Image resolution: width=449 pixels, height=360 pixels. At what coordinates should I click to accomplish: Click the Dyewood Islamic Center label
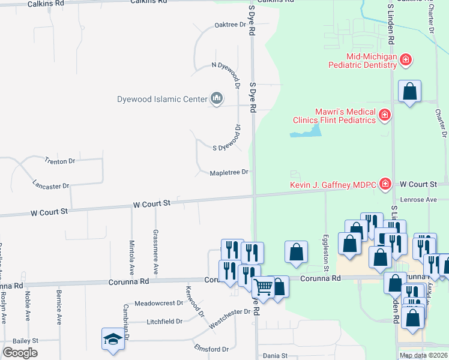tap(161, 98)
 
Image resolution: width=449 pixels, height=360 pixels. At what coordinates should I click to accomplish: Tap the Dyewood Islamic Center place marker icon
tap(217, 98)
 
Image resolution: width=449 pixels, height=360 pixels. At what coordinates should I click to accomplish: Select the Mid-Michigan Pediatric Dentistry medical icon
tap(406, 59)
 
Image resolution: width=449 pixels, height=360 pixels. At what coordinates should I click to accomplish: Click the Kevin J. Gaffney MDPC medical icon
tap(385, 184)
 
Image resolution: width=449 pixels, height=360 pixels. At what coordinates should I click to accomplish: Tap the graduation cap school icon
tap(112, 338)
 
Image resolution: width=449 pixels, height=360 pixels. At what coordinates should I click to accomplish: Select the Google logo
tap(20, 353)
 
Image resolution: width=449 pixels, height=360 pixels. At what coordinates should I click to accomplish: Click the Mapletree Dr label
tap(229, 173)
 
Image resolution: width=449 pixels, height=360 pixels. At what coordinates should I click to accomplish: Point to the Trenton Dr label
tap(59, 161)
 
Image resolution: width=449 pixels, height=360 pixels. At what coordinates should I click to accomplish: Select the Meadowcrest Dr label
tap(158, 303)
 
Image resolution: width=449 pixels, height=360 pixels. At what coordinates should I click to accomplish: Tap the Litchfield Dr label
tap(164, 322)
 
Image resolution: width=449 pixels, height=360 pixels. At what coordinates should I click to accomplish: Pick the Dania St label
tap(276, 356)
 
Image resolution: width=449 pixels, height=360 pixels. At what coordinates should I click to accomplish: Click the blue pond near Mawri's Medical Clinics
tap(304, 131)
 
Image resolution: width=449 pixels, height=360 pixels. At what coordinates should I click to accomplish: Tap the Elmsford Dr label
tap(211, 349)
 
